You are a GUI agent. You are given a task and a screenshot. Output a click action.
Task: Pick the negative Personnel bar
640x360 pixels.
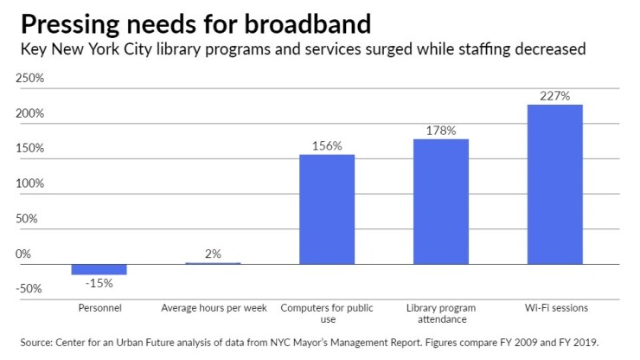99,269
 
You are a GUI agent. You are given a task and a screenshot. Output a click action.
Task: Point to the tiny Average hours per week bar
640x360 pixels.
214,263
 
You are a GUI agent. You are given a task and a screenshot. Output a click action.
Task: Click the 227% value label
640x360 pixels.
554,96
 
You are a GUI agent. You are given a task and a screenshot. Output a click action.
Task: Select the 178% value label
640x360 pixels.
441,131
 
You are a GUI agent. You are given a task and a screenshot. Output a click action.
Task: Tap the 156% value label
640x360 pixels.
327,146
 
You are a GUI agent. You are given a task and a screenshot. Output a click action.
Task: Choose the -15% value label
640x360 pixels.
99,283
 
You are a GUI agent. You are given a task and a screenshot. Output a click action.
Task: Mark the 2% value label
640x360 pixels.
214,254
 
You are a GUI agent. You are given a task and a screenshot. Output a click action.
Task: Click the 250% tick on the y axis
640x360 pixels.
30,79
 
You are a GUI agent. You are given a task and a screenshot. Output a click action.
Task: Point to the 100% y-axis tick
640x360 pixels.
30,184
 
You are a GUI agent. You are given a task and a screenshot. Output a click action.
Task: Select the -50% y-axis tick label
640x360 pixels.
30,289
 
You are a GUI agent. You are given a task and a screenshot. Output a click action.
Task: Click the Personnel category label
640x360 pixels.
99,307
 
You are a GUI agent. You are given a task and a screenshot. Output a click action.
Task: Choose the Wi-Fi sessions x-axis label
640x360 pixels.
554,307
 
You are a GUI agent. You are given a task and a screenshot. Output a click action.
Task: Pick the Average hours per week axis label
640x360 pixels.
214,307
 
